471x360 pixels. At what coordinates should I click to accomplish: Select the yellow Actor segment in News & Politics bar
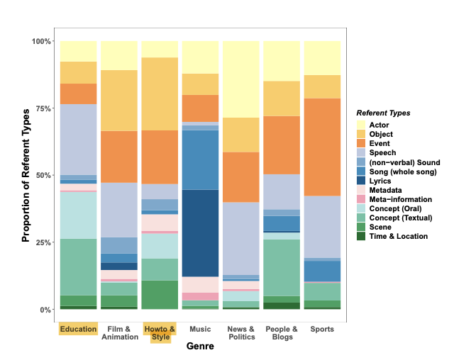pyautogui.click(x=240, y=79)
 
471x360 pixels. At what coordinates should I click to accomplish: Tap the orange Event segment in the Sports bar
pyautogui.click(x=321, y=147)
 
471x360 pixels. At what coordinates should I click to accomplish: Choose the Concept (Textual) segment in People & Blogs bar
pyautogui.click(x=281, y=267)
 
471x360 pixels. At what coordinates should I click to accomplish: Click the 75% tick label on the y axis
pyautogui.click(x=41, y=108)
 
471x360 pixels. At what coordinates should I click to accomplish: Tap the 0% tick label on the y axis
pyautogui.click(x=44, y=310)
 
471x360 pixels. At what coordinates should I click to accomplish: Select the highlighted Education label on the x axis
pyautogui.click(x=78, y=329)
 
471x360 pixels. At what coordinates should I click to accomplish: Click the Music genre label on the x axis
pyautogui.click(x=200, y=329)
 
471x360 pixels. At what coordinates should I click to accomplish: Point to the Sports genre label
pyautogui.click(x=321, y=329)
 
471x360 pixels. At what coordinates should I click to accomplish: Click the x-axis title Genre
pyautogui.click(x=200, y=347)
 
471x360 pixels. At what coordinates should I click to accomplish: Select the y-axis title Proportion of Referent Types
pyautogui.click(x=26, y=175)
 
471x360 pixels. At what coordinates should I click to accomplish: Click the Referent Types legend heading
pyautogui.click(x=383, y=113)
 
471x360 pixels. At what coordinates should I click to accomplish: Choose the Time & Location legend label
pyautogui.click(x=399, y=236)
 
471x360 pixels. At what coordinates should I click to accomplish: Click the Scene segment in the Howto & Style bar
pyautogui.click(x=160, y=295)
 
